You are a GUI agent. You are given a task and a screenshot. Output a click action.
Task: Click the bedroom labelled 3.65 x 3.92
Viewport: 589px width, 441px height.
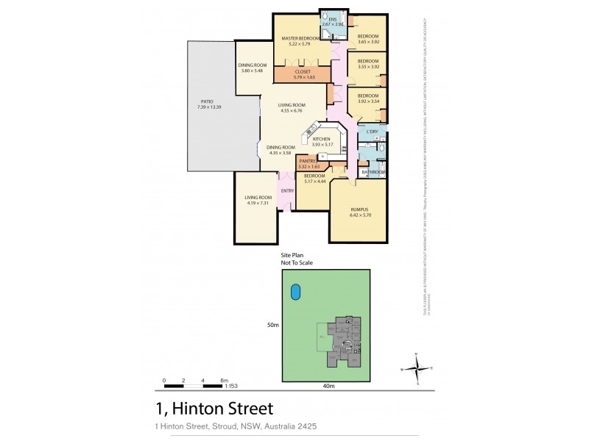tap(367, 39)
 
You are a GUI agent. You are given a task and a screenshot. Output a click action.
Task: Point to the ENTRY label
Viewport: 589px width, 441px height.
tap(287, 193)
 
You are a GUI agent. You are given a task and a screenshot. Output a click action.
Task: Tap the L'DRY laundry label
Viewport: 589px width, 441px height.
tap(372, 132)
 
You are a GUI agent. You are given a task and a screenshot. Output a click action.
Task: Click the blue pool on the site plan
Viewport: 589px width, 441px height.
tap(295, 292)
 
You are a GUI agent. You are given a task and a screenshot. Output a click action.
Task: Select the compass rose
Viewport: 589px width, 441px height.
tap(416, 367)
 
